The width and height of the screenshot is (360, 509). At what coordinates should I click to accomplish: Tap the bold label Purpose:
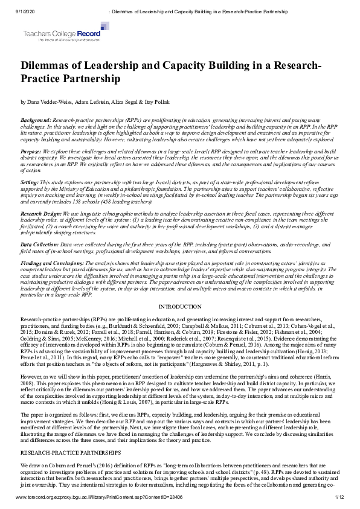coord(31,152)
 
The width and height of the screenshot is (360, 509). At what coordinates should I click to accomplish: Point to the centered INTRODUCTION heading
coord(179,307)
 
